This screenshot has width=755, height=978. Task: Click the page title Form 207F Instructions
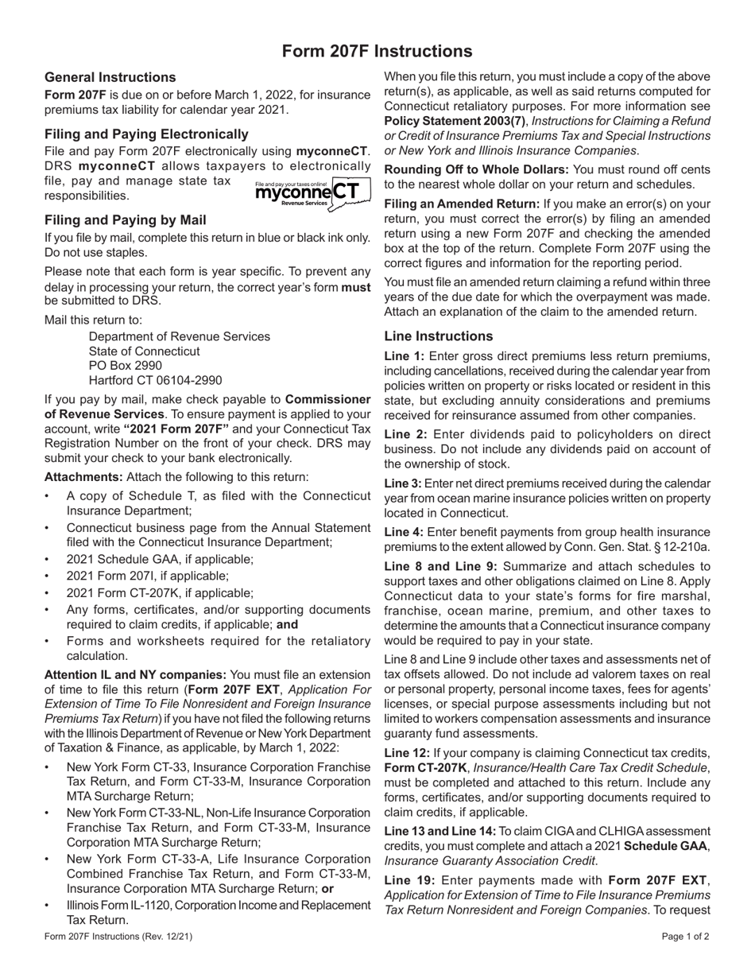coord(377,52)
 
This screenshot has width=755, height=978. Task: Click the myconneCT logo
coord(312,194)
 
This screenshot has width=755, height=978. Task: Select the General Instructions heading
coord(110,77)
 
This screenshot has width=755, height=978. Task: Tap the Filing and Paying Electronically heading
coord(146,134)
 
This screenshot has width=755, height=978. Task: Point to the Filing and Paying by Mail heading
coord(126,220)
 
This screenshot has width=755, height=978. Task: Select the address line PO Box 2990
coord(126,366)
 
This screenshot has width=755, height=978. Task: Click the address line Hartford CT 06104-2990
coord(156,381)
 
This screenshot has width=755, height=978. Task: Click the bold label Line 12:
coord(408,753)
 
